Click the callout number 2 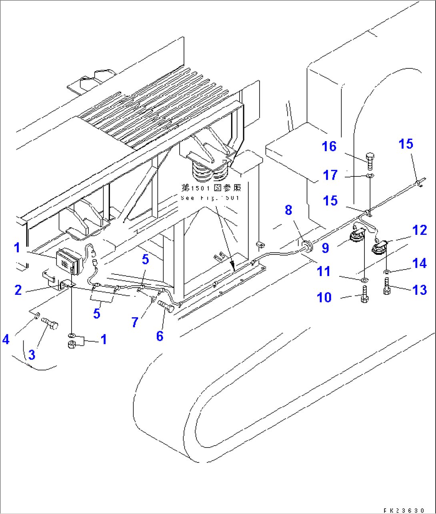(x=18, y=290)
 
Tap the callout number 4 (x=6, y=340)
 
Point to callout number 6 (x=160, y=336)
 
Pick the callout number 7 (x=135, y=322)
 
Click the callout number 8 (x=288, y=210)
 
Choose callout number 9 (x=325, y=248)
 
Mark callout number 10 (x=324, y=298)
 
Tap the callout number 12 (x=420, y=230)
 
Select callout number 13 (x=420, y=290)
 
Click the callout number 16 (x=329, y=146)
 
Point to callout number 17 (x=330, y=175)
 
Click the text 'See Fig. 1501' (x=210, y=198)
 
